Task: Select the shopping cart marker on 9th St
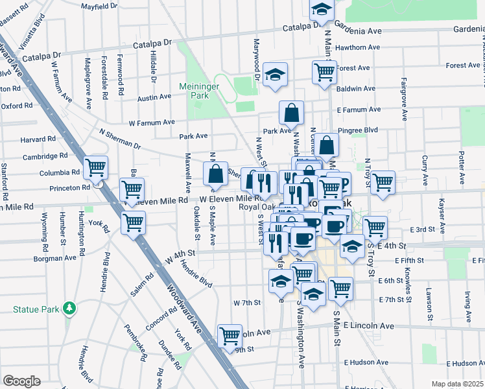230,336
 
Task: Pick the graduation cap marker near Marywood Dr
276,74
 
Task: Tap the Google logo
21,381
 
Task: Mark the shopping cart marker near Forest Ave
324,73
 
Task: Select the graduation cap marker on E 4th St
352,247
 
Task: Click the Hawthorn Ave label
358,47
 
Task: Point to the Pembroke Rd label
135,340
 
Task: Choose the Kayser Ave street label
442,215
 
